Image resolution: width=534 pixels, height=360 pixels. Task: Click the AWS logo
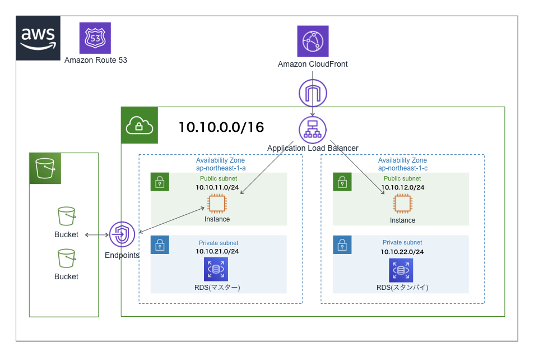(39, 38)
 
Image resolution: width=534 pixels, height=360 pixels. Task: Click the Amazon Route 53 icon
(95, 38)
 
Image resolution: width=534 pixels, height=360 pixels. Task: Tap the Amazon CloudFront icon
(313, 41)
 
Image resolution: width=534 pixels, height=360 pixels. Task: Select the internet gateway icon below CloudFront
(313, 93)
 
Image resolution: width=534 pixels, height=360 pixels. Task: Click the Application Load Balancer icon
(313, 130)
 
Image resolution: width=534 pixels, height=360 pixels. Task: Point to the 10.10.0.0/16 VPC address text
(221, 127)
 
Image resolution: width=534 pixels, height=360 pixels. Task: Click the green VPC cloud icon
(140, 125)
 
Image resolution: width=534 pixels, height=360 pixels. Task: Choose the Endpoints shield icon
(122, 235)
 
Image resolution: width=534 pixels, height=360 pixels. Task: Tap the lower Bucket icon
(66, 259)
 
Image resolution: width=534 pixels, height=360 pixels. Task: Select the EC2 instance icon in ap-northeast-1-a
(217, 204)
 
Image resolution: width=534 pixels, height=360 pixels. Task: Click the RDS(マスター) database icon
(216, 269)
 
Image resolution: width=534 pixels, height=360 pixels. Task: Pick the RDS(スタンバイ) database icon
(401, 269)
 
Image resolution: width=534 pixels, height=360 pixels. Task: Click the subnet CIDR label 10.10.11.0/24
(218, 187)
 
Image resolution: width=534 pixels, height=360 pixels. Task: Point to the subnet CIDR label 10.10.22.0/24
(402, 252)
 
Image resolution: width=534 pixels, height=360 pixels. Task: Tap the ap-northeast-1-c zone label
(402, 168)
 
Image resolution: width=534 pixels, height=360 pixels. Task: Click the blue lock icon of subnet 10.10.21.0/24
(160, 244)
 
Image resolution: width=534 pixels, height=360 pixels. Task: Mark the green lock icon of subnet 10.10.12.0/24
(342, 182)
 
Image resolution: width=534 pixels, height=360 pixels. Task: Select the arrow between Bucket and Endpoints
(96, 235)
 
